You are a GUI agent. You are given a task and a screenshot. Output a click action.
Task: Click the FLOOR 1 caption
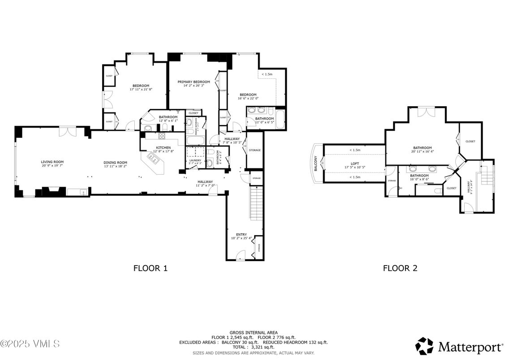coord(150,268)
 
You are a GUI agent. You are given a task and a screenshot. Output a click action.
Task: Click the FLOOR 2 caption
coord(400,268)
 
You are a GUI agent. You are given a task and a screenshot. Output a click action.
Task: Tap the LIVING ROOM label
coord(52,162)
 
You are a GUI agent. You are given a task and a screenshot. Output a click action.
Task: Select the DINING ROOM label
coord(115,163)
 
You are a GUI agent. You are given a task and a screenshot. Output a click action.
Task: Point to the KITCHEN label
coord(163,148)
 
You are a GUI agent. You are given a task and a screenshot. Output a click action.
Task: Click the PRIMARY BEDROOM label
coord(193,82)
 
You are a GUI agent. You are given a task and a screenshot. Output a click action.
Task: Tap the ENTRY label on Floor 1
coord(241,235)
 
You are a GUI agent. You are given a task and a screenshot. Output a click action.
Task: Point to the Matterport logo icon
coord(424,346)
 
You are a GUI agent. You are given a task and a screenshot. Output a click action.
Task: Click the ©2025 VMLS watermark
coord(30,344)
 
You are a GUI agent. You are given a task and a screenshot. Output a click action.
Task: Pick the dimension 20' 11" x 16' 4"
coord(422,151)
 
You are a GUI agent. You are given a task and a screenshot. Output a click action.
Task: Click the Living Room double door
coord(68,131)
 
